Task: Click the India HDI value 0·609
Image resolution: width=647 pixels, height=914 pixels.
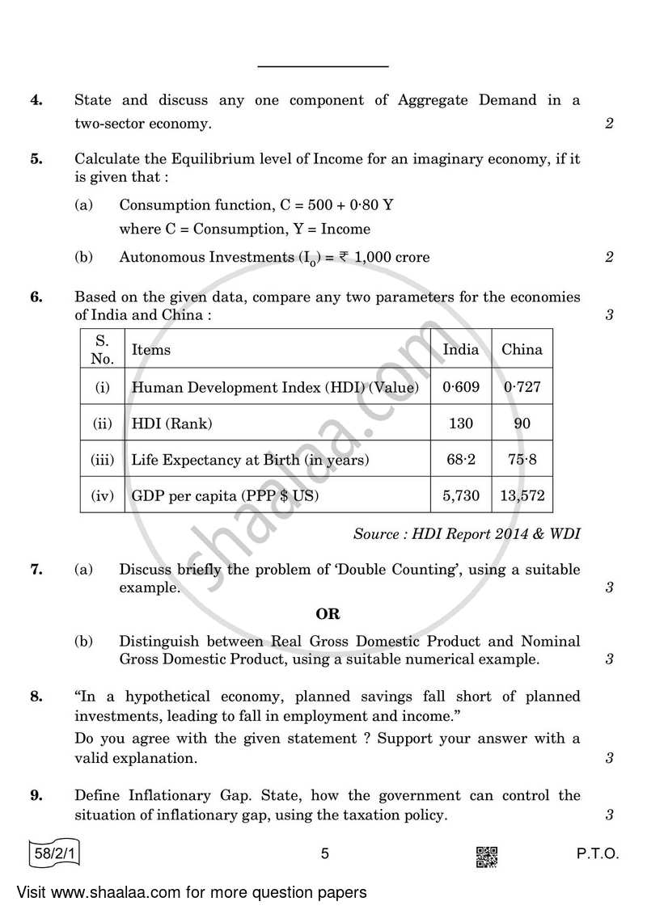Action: point(461,387)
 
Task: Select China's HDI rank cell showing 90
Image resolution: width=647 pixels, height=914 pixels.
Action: point(522,423)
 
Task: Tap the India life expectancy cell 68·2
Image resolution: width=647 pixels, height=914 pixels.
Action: point(461,460)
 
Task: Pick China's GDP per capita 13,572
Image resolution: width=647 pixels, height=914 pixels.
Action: point(522,496)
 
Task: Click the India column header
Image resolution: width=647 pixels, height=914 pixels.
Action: point(461,350)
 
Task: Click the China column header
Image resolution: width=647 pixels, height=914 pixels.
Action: point(522,350)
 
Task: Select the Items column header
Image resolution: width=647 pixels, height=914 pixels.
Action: point(151,350)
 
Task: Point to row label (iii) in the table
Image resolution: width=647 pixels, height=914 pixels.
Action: point(102,460)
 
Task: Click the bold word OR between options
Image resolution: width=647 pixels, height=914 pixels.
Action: point(327,614)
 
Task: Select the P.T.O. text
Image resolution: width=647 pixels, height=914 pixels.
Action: point(598,853)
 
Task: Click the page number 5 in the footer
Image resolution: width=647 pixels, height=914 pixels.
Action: point(324,853)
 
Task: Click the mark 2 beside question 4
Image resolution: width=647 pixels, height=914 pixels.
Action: point(609,124)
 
